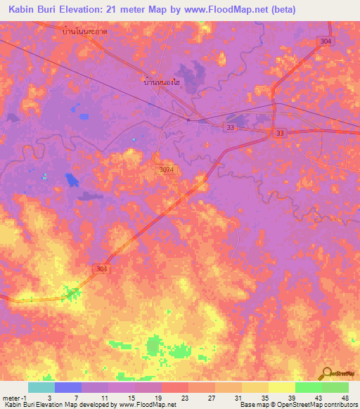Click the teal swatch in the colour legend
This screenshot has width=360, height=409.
41,387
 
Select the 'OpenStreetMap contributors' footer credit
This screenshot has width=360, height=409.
317,405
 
